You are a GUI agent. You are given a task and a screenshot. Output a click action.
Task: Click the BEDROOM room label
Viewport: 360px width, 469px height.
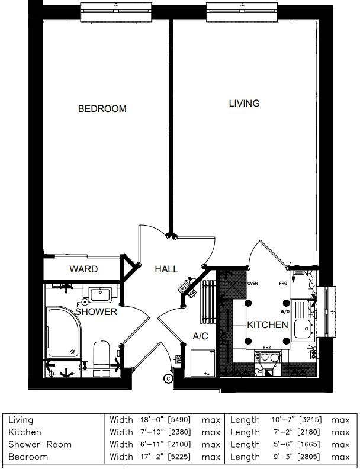click(x=102, y=109)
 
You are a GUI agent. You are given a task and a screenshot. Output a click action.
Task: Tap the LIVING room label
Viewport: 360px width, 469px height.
click(x=244, y=104)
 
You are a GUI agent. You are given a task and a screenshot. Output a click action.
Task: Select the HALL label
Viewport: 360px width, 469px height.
click(x=166, y=269)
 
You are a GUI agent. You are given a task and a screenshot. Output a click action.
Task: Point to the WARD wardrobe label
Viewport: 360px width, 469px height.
click(x=83, y=269)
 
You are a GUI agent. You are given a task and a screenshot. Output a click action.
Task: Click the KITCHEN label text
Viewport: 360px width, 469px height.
click(x=268, y=325)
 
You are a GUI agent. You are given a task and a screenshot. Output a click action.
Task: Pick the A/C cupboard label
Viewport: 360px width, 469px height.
click(x=201, y=336)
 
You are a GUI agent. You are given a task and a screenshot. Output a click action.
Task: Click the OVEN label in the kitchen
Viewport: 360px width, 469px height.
click(x=253, y=284)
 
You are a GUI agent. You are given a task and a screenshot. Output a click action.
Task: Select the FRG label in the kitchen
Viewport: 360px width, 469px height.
click(x=283, y=284)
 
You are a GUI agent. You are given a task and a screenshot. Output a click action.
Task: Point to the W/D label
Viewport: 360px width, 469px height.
click(x=284, y=311)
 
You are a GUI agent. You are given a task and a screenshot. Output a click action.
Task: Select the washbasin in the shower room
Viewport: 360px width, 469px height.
click(x=104, y=293)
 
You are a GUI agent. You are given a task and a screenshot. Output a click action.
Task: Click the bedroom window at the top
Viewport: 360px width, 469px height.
click(x=116, y=11)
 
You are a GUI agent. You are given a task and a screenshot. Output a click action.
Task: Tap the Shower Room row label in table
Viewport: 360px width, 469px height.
click(x=40, y=444)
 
